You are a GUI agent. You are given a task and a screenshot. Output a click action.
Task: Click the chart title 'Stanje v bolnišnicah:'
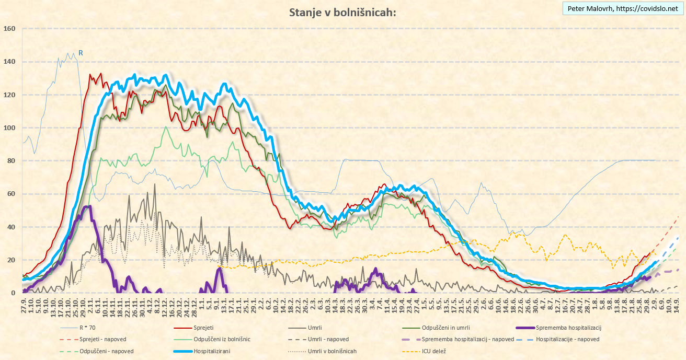click(342, 13)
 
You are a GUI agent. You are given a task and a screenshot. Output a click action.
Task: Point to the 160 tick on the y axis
click(10, 29)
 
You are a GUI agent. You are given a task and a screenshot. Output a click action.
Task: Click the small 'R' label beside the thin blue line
click(81, 53)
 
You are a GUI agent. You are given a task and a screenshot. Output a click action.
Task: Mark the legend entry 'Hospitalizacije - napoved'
click(567, 339)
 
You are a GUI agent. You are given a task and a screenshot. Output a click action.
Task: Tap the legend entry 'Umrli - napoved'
click(328, 339)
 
